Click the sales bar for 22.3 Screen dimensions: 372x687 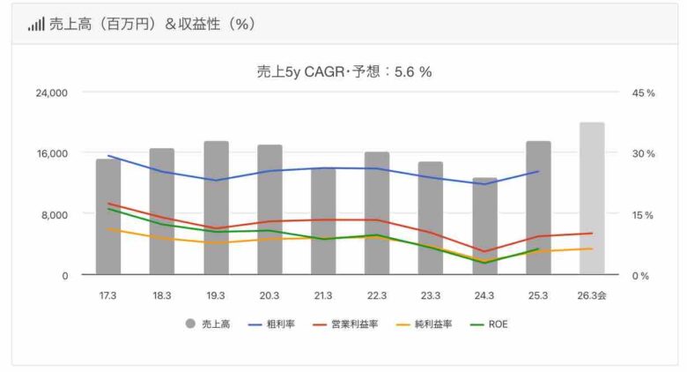[377, 212]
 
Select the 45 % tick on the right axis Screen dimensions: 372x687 [644, 93]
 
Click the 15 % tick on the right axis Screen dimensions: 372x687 [644, 214]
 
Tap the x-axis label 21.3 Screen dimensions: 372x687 [323, 296]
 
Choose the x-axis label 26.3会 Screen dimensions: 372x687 [592, 296]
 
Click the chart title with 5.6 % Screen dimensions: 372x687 [343, 72]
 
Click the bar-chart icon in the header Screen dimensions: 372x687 [35, 25]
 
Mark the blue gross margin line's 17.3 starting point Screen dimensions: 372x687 [108, 156]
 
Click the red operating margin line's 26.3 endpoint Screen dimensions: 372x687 [592, 234]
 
